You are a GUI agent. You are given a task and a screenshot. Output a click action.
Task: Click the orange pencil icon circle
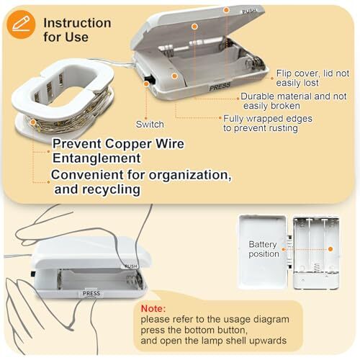(21, 24)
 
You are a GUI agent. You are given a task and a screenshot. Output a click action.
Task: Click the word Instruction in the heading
(77, 23)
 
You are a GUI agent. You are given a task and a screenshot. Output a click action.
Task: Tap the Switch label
(150, 125)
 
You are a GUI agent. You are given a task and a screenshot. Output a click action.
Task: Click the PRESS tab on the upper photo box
(220, 87)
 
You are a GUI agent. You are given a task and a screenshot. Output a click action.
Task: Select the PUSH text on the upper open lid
(249, 11)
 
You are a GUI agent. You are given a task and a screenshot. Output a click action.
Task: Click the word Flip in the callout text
(284, 73)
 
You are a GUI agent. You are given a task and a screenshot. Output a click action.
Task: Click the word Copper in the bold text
(128, 144)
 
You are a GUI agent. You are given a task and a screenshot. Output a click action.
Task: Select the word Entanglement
(96, 158)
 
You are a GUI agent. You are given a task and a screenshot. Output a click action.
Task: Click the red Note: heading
(153, 308)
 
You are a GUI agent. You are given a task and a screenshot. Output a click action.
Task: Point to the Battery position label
(264, 249)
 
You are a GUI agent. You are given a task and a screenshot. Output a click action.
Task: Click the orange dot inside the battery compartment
(330, 249)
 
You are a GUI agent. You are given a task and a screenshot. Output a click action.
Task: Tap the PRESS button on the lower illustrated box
(91, 293)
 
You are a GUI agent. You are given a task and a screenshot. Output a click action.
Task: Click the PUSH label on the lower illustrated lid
(131, 266)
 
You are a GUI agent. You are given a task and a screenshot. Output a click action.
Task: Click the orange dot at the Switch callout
(146, 84)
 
